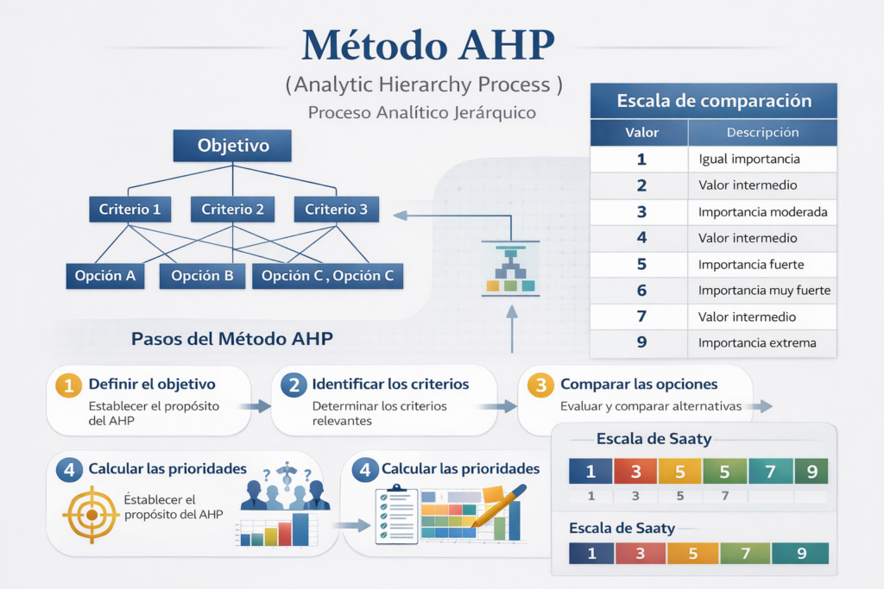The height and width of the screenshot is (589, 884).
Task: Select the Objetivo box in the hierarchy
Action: point(233,146)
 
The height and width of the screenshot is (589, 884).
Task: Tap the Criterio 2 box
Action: point(233,209)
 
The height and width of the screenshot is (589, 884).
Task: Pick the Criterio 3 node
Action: point(336,209)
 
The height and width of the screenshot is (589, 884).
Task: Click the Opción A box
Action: point(105,276)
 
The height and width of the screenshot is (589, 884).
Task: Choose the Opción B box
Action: point(202,276)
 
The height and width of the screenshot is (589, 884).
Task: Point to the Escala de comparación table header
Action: point(714,101)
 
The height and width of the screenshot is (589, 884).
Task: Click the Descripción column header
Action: point(762,133)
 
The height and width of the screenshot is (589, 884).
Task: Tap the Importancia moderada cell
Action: point(763,212)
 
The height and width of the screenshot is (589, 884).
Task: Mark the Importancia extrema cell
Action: point(757,343)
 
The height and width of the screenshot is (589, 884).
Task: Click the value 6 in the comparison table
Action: point(641,291)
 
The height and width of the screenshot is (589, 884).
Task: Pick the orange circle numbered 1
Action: point(68,385)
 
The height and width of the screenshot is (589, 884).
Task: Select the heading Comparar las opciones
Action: point(639,384)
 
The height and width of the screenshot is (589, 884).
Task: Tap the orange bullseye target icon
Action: point(90,514)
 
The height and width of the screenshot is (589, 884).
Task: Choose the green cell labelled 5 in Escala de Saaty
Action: point(725,472)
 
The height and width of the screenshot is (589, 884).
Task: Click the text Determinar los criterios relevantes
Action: point(380,413)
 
